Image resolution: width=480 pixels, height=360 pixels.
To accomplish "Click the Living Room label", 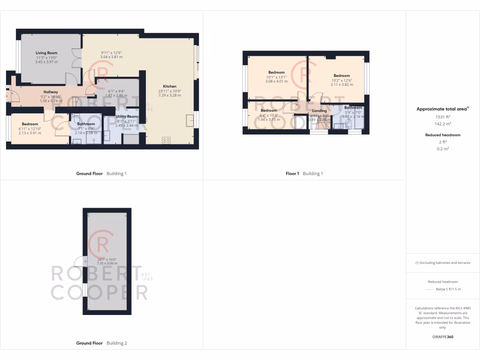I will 46,53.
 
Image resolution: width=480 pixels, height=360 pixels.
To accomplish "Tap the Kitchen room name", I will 170,86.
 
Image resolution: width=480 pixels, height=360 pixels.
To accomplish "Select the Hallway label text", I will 51,92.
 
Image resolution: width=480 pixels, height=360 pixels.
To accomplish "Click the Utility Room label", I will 127,116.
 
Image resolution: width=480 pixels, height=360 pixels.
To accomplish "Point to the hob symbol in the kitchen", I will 166,140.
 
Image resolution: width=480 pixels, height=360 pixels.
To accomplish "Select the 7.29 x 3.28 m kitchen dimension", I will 170,95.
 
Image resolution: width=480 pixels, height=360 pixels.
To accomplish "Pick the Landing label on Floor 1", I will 319,111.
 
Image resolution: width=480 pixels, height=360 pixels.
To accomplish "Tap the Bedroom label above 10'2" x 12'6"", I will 342,75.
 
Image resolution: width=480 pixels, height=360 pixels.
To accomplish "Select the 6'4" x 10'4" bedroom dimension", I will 270,115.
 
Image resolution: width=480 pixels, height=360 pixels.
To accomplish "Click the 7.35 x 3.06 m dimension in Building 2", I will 107,263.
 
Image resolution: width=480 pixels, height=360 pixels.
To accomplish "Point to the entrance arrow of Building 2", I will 77,263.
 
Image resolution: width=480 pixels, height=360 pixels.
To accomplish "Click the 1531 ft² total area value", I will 442,116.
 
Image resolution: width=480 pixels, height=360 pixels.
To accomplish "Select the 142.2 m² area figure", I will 442,124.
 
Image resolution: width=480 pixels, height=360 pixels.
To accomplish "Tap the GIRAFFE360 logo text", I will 443,337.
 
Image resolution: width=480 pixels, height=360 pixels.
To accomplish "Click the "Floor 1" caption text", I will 292,173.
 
